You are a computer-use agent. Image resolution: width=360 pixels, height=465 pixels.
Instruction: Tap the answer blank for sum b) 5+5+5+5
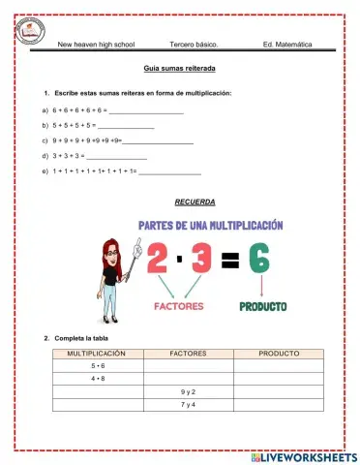tap(127, 127)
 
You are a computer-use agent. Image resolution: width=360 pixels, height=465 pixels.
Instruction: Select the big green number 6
tap(258, 258)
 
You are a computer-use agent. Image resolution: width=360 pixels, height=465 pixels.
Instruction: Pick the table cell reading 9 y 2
tap(188, 391)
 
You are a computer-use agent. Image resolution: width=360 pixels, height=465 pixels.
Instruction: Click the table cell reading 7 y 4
tap(188, 404)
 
